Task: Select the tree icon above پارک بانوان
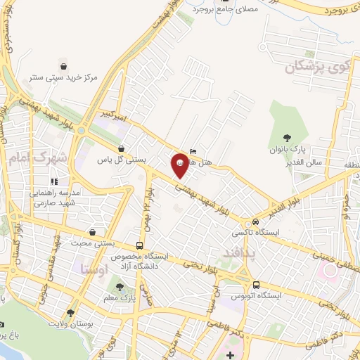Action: tap(286, 138)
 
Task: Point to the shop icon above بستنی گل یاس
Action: tap(122, 148)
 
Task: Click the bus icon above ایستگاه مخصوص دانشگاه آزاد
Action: tap(140, 245)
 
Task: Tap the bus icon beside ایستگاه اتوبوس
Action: tap(255, 285)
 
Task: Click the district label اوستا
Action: tap(94, 269)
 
